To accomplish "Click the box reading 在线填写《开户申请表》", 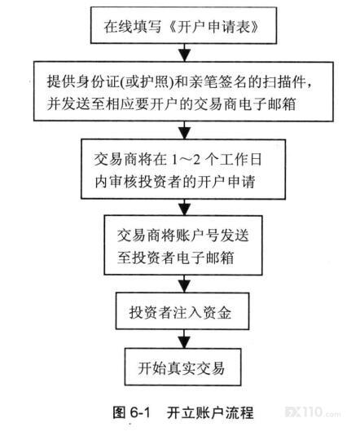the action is (183, 25).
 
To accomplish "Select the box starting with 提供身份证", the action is (183, 91).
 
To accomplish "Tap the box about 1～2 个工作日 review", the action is (183, 169).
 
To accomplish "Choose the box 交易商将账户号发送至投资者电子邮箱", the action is (183, 245).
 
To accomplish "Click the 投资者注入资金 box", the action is (182, 311).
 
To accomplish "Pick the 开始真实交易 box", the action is (183, 367).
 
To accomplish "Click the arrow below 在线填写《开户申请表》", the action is (185, 53).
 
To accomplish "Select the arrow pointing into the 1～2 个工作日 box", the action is (185, 130).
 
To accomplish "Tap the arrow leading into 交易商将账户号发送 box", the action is (185, 207).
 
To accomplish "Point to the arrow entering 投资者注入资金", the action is (185, 284).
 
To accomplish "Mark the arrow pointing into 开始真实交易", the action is (184, 339).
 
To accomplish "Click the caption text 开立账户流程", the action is (210, 412).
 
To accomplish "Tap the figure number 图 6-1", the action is (131, 412).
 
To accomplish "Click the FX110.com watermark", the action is (313, 412).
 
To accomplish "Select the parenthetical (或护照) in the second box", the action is (147, 81).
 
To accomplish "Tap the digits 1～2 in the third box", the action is (186, 160).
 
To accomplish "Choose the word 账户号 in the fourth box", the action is (197, 236).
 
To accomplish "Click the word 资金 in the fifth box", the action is (217, 313).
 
